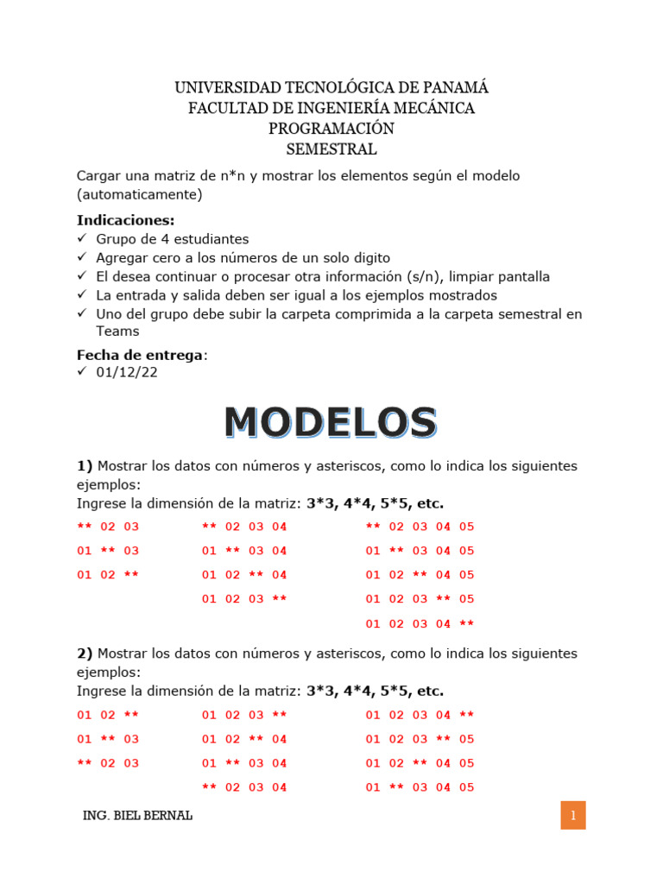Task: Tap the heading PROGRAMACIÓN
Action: pyautogui.click(x=331, y=129)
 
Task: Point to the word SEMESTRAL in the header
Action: pyautogui.click(x=331, y=149)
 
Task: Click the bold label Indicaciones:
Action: pyautogui.click(x=126, y=220)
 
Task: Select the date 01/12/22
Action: pyautogui.click(x=127, y=372)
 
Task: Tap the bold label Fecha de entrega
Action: pyautogui.click(x=141, y=355)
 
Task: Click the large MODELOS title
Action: pyautogui.click(x=331, y=423)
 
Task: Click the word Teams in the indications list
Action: pyautogui.click(x=117, y=331)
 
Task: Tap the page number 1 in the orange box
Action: pyautogui.click(x=573, y=816)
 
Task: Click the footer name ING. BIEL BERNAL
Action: pyautogui.click(x=137, y=816)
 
